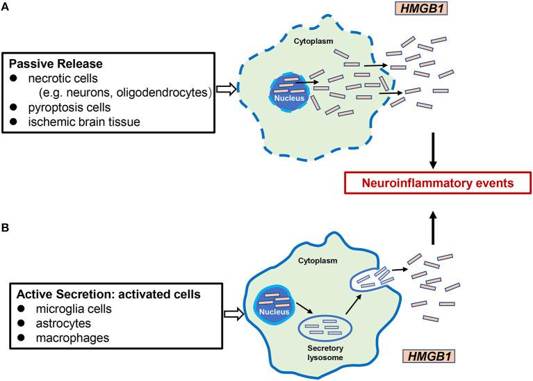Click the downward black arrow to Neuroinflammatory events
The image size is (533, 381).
click(x=434, y=151)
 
